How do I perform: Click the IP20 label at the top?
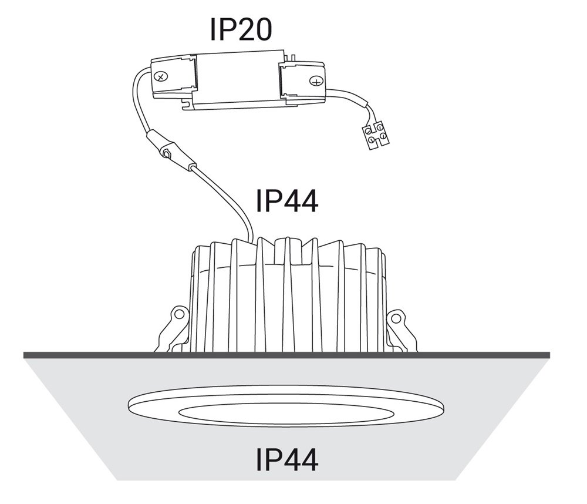pyautogui.click(x=241, y=29)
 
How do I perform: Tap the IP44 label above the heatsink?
pyautogui.click(x=287, y=201)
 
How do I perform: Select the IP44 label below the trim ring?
pyautogui.click(x=287, y=459)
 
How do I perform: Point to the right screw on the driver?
pyautogui.click(x=316, y=81)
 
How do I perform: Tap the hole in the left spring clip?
pyautogui.click(x=180, y=314)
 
